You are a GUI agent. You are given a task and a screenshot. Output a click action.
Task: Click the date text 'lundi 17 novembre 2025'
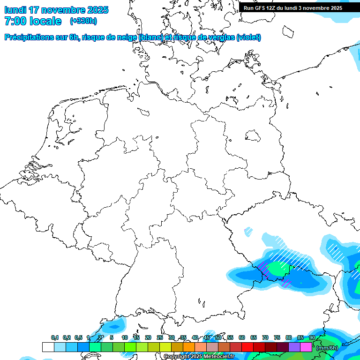pyautogui.click(x=56, y=10)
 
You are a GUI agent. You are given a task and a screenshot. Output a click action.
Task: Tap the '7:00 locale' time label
pyautogui.click(x=33, y=21)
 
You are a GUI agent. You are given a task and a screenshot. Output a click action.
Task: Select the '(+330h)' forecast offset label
pyautogui.click(x=83, y=21)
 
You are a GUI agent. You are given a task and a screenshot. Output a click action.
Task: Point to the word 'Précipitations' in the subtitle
pyautogui.click(x=29, y=37)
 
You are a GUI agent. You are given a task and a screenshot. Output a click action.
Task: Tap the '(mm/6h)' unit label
pyautogui.click(x=327, y=347)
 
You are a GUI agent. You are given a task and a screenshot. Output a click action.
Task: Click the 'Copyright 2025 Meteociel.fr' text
pyautogui.click(x=199, y=357)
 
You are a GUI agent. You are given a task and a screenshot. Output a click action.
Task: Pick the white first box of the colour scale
pyautogui.click(x=48, y=347)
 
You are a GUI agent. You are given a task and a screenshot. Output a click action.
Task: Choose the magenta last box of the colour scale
pyautogui.click(x=306, y=347)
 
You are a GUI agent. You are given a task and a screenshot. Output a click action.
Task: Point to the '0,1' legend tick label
pyautogui.click(x=55, y=337)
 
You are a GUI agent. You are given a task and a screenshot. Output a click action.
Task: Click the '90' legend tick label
pyautogui.click(x=312, y=337)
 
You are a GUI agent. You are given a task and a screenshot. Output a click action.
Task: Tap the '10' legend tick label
pyautogui.click(x=125, y=337)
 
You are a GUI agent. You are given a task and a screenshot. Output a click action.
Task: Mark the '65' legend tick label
pyautogui.click(x=254, y=337)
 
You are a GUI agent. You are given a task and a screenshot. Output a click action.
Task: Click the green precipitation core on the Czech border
pyautogui.click(x=278, y=269)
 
